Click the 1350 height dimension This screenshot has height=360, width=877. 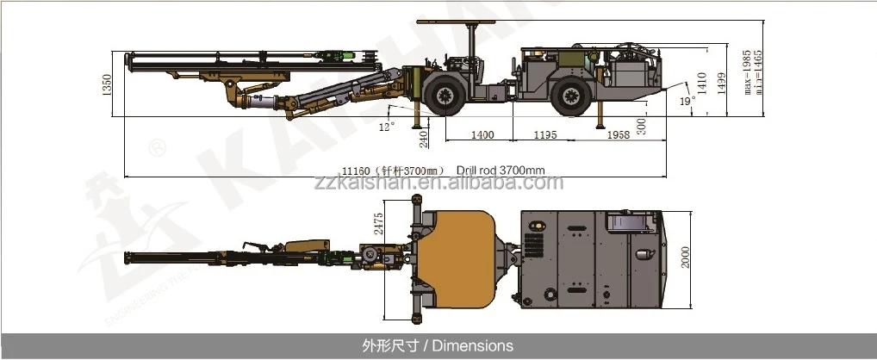(x=108, y=84)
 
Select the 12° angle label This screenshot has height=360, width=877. (x=387, y=126)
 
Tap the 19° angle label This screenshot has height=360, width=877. (x=686, y=101)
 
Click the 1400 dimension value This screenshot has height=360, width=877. (x=482, y=135)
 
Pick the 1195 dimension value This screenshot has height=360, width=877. (x=545, y=135)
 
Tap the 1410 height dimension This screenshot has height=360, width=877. (x=702, y=85)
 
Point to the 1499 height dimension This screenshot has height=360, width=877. (x=722, y=82)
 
